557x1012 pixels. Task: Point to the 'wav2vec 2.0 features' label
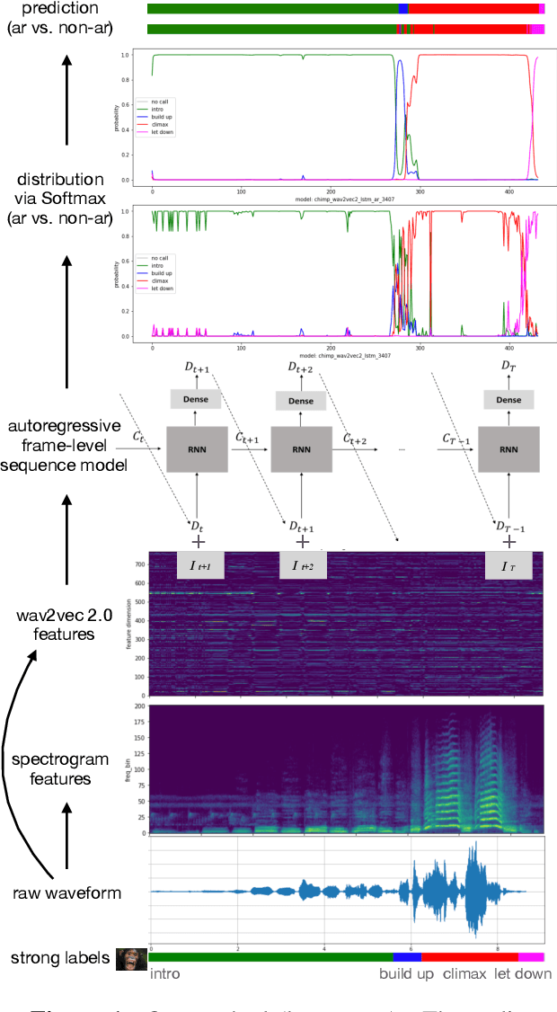tap(56, 624)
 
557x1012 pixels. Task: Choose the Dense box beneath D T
tap(508, 400)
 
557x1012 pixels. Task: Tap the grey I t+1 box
tap(197, 566)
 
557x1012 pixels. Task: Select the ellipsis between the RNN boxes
tap(402, 448)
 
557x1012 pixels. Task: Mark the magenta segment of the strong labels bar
tap(531, 958)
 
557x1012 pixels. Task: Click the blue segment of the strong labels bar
tap(407, 958)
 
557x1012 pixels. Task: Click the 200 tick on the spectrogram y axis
tap(140, 707)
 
